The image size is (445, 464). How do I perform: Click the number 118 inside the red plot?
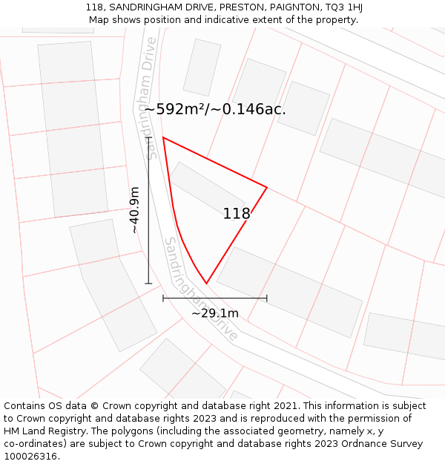(x=237, y=214)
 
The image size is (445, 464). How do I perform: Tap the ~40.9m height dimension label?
(x=134, y=210)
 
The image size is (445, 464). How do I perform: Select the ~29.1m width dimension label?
(x=215, y=313)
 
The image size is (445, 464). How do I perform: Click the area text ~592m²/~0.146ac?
(x=215, y=109)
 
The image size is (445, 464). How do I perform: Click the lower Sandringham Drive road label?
(x=201, y=290)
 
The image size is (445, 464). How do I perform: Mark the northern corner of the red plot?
(x=163, y=137)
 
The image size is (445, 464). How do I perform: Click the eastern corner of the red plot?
(x=266, y=187)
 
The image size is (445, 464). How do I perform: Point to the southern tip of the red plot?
(x=206, y=284)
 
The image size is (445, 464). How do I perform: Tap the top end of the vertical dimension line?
(x=148, y=137)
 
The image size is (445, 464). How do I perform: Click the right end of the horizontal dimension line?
(x=267, y=298)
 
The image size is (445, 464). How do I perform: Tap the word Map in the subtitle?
(x=100, y=20)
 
